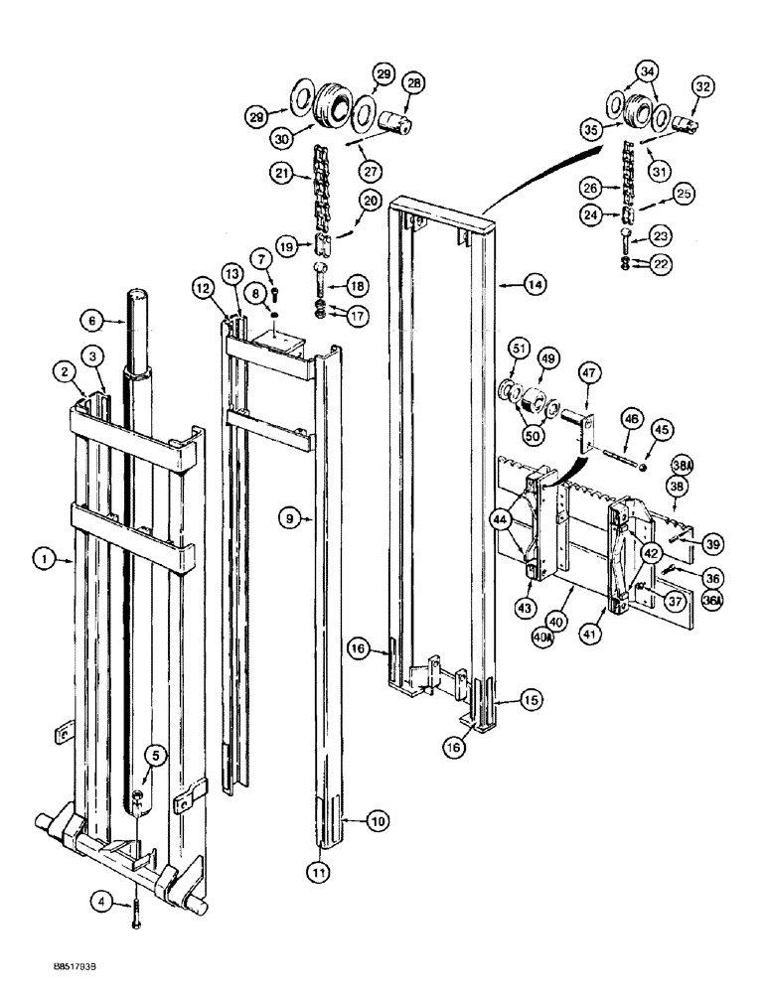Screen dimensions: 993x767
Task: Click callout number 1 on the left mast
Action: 43,560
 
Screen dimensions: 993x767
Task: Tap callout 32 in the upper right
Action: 703,88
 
